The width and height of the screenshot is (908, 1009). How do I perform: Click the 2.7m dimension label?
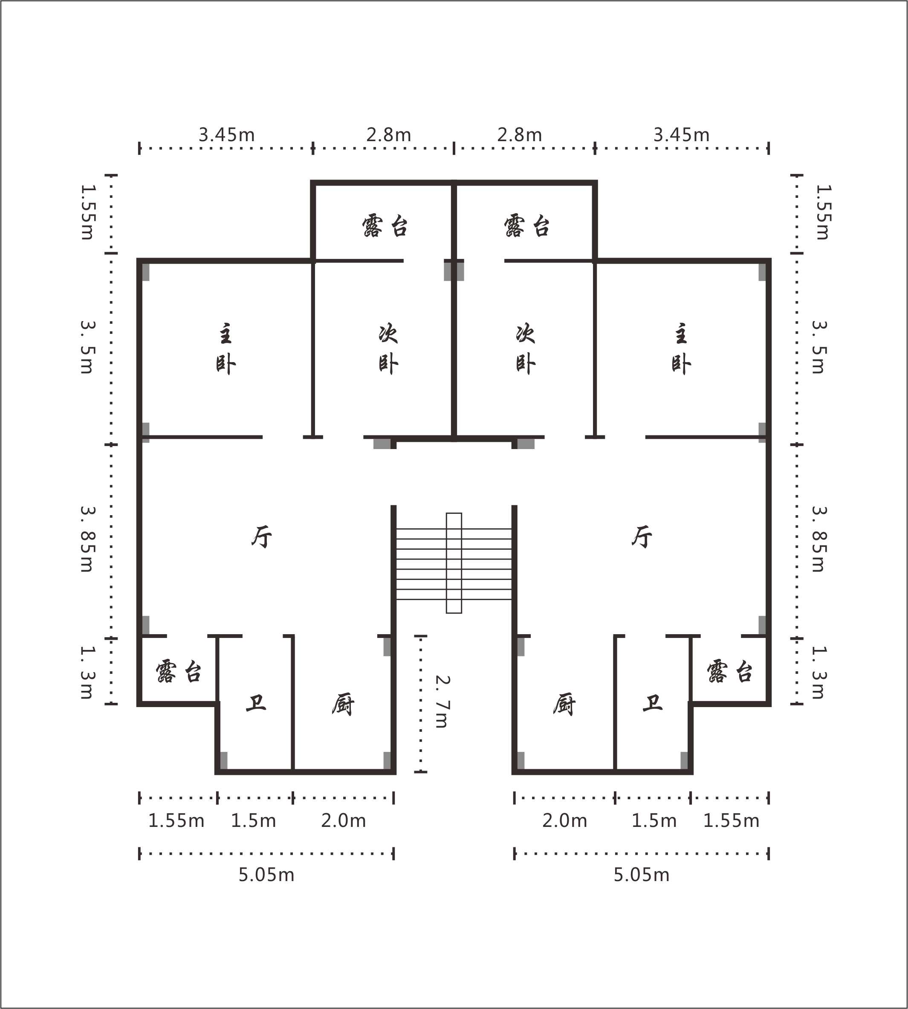442,702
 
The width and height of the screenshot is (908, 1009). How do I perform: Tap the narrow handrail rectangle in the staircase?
454,563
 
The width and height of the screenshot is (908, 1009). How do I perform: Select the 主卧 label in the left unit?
226,349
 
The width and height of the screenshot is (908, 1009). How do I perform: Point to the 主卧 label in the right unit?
681,349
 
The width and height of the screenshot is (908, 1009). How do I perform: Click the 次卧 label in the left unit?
388,349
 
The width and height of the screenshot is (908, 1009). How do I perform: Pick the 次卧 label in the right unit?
525,349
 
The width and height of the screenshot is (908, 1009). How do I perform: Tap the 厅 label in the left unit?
262,537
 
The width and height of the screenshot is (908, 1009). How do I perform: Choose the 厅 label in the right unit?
642,537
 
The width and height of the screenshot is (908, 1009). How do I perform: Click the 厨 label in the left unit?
343,705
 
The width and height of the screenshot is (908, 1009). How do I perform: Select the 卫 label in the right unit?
653,703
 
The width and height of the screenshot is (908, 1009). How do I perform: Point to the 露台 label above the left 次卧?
385,226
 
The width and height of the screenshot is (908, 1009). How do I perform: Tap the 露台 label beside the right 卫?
729,671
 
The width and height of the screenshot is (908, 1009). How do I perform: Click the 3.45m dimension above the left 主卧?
226,135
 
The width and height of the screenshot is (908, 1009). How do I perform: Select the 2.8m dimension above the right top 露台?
519,135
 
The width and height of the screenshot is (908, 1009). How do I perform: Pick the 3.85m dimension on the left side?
87,539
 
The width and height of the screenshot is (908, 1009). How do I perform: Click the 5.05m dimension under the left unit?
266,875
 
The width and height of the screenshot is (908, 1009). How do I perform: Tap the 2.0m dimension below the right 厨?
565,821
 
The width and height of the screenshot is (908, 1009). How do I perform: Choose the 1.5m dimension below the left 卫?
254,821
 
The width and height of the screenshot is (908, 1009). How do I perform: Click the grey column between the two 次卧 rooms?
454,270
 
